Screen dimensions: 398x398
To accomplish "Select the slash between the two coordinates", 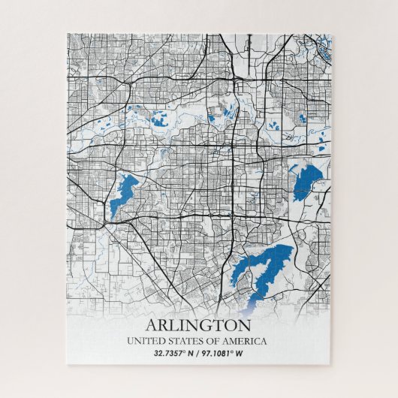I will click(x=198, y=353).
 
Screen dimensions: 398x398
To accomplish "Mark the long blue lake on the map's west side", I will click(x=122, y=192).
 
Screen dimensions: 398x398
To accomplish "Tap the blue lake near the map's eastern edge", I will click(x=306, y=180).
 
